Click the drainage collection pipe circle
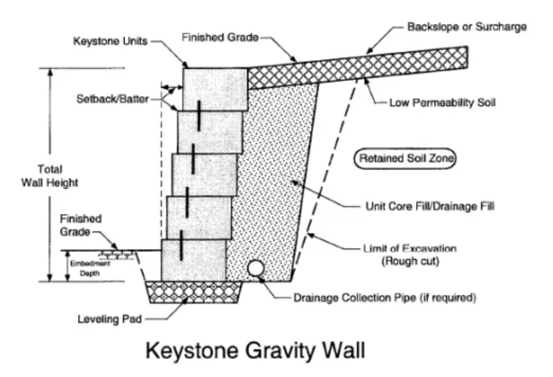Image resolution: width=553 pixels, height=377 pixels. tap(255, 269)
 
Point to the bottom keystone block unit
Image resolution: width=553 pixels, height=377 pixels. tap(193, 260)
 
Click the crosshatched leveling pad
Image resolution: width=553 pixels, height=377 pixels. tap(194, 292)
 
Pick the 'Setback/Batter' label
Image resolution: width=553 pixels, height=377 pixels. tap(112, 98)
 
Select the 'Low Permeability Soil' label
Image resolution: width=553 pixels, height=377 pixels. tap(442, 103)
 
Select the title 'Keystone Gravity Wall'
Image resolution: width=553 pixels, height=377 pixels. tap(255, 350)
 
